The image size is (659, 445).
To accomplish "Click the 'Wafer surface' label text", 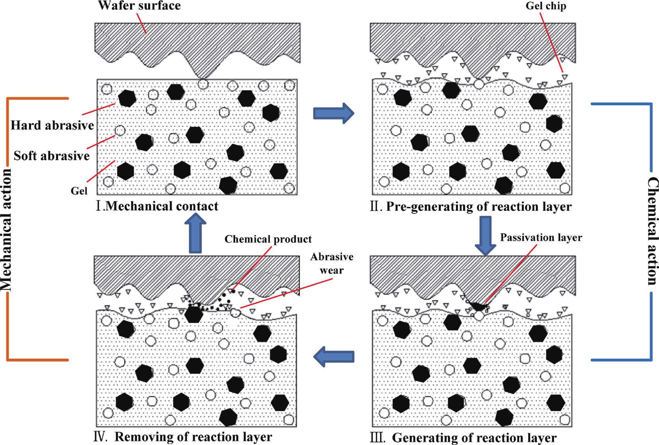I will [x=139, y=6].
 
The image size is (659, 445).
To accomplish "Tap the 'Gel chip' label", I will [x=546, y=6].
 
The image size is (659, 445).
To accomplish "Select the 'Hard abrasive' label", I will [x=52, y=125].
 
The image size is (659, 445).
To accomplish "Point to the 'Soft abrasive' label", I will [x=52, y=156].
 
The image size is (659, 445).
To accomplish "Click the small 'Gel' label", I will [x=79, y=191].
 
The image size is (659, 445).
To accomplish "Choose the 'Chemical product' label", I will [x=268, y=239].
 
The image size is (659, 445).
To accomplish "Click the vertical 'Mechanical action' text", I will [x=6, y=230].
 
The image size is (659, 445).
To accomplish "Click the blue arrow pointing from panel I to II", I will [x=333, y=113].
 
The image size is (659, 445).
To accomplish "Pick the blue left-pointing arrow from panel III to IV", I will [x=333, y=357].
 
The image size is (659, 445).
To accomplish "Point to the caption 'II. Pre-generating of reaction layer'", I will [x=471, y=206].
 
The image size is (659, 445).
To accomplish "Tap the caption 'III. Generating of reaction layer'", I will [x=463, y=438].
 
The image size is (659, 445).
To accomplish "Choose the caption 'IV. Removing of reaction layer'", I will [x=183, y=437].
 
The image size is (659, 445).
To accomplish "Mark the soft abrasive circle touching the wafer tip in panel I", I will [x=203, y=84].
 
